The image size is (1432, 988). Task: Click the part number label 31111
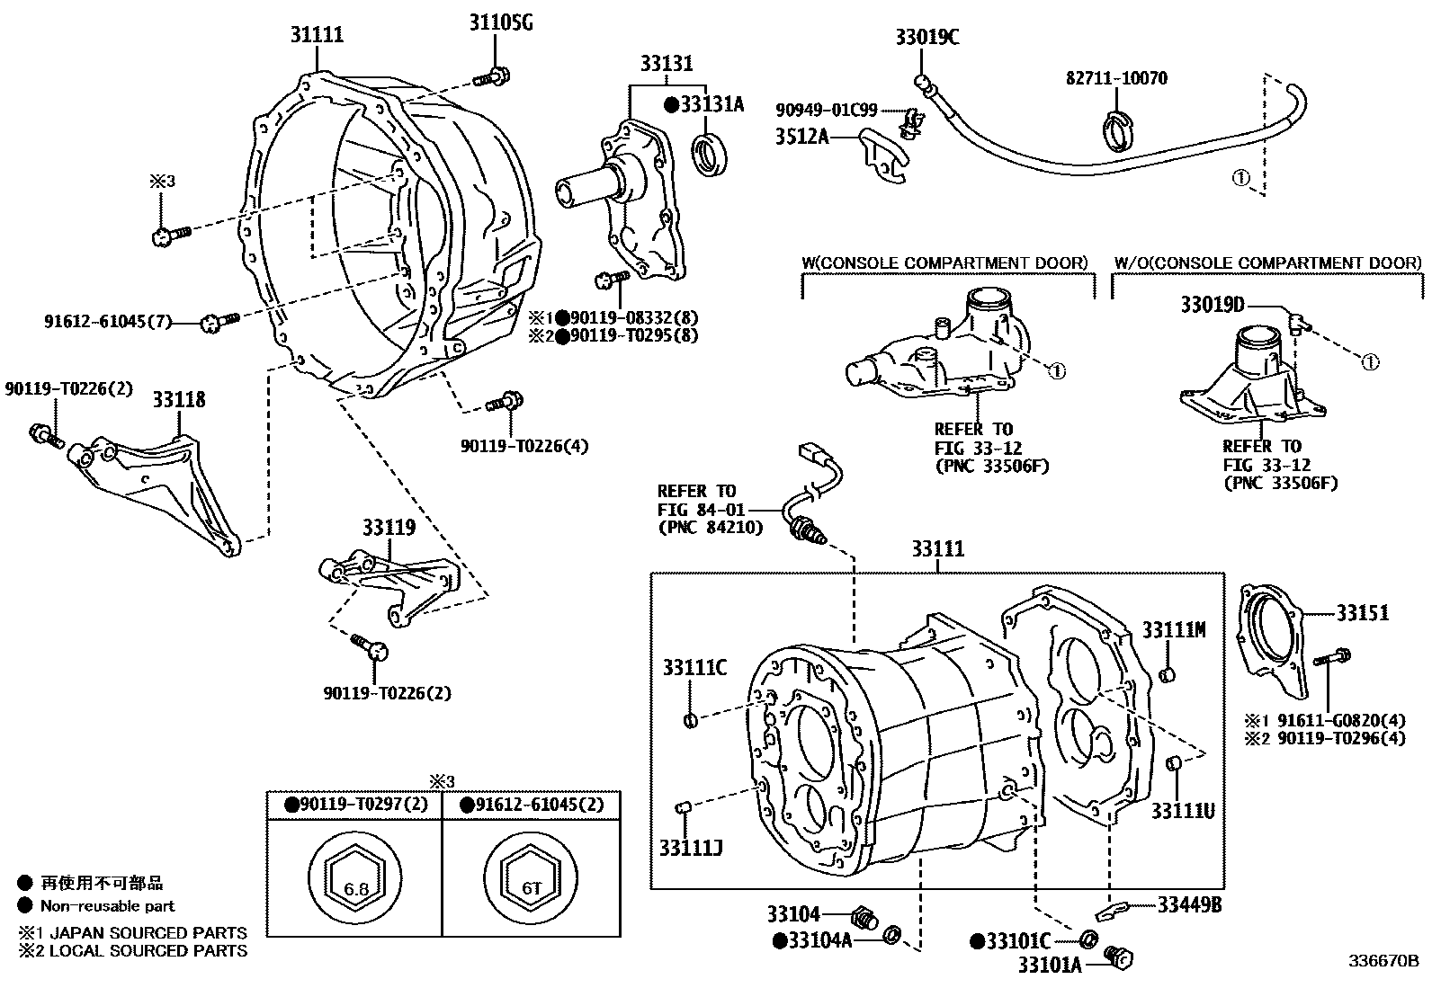pyautogui.click(x=317, y=36)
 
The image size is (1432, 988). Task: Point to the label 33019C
pyautogui.click(x=927, y=37)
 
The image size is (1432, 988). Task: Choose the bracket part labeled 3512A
pyautogui.click(x=884, y=157)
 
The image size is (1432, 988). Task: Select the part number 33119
pyautogui.click(x=389, y=527)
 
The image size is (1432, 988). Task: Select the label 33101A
pyautogui.click(x=1050, y=966)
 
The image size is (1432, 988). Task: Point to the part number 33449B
pyautogui.click(x=1189, y=904)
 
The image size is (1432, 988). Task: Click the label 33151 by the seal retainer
pyautogui.click(x=1362, y=614)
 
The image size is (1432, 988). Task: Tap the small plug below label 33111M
pyautogui.click(x=1168, y=674)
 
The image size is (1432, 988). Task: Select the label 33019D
pyautogui.click(x=1213, y=306)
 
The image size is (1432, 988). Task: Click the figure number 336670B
pyautogui.click(x=1383, y=961)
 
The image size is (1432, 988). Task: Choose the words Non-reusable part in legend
pyautogui.click(x=108, y=906)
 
